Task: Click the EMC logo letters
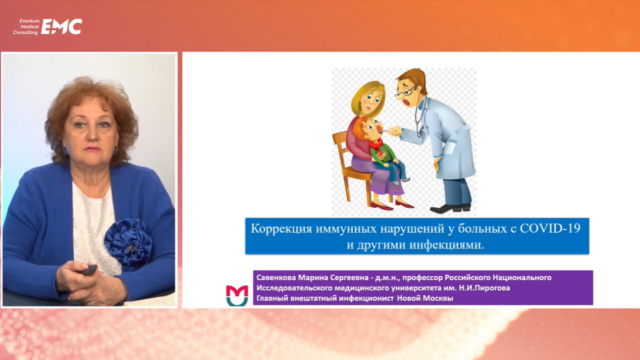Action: click(62, 27)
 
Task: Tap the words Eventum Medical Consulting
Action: click(26, 27)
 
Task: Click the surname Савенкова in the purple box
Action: click(276, 277)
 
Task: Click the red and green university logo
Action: click(237, 295)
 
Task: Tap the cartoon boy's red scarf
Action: click(377, 146)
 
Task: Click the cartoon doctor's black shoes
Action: click(450, 208)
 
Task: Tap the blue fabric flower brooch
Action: click(129, 241)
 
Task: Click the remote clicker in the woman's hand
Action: click(89, 270)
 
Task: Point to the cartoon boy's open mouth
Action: click(380, 129)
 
